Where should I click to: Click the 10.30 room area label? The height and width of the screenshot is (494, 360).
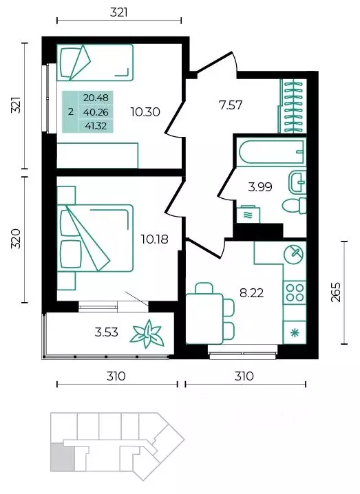[x=146, y=112]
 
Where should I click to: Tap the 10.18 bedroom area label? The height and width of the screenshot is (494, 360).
[x=155, y=239]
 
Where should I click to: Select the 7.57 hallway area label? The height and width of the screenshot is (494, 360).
[x=231, y=105]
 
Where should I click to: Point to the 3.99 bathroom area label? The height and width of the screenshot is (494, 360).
[x=260, y=187]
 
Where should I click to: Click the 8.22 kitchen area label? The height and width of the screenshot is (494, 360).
[x=251, y=293]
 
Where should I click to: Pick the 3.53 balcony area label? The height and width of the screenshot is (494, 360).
[x=106, y=332]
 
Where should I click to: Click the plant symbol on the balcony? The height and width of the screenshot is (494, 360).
[x=147, y=334]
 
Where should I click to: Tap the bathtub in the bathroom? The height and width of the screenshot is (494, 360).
[x=271, y=152]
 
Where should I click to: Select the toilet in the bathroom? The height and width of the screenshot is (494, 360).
[x=295, y=206]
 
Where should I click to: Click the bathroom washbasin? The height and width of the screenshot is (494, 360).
[x=297, y=182]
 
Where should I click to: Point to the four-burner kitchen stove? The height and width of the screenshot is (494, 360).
[x=295, y=292]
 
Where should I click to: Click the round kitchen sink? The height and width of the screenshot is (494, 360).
[x=293, y=254]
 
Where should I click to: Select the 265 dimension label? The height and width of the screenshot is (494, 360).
[x=336, y=292]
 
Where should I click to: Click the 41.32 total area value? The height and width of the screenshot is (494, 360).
[x=96, y=127]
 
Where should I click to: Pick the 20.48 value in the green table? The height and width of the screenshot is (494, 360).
[x=96, y=98]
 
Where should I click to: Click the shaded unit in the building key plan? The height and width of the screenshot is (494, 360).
[x=63, y=457]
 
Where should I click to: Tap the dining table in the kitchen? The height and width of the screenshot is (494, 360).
[x=204, y=318]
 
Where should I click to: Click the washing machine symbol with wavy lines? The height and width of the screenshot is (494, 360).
[x=248, y=215]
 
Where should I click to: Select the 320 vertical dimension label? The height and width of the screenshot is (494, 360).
[x=16, y=239]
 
